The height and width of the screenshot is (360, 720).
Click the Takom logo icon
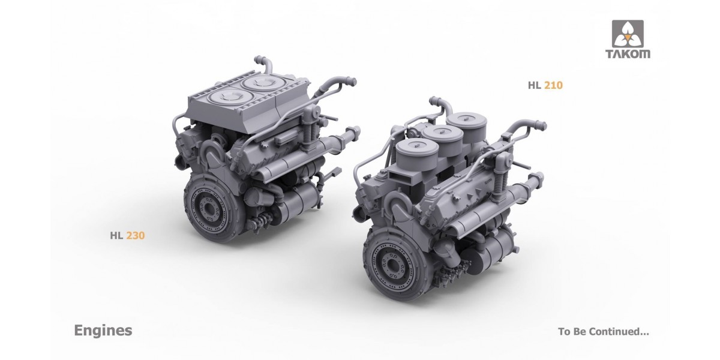(x=627, y=34)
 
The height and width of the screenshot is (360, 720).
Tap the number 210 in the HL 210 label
(x=554, y=86)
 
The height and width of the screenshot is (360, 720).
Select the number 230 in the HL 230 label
(x=136, y=236)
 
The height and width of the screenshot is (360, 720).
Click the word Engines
(x=103, y=331)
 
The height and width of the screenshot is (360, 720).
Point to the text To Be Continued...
(x=603, y=331)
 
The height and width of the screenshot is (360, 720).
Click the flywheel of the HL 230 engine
(x=211, y=206)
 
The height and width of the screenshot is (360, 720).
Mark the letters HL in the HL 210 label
(x=535, y=86)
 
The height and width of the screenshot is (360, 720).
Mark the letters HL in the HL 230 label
(x=116, y=236)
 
